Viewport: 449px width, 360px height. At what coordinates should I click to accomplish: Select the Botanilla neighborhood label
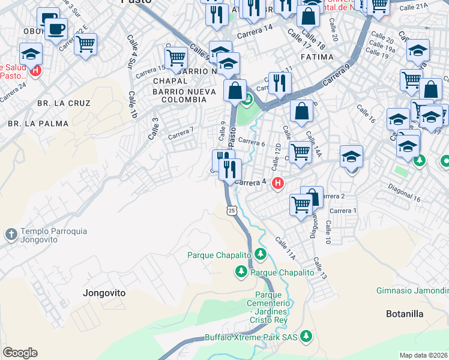(404, 314)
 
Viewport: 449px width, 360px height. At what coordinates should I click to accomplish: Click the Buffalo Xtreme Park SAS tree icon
(307, 335)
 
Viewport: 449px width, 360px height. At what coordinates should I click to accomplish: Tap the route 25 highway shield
(232, 209)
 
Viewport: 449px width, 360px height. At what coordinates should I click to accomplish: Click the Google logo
(20, 353)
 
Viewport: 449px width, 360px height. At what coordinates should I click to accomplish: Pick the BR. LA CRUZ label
(64, 103)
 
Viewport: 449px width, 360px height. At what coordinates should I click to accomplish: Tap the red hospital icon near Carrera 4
(277, 183)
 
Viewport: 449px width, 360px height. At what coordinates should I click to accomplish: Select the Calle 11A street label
(286, 248)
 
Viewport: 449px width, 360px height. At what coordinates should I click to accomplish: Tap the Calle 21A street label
(414, 6)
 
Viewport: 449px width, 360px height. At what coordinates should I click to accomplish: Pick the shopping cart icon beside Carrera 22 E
(86, 44)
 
